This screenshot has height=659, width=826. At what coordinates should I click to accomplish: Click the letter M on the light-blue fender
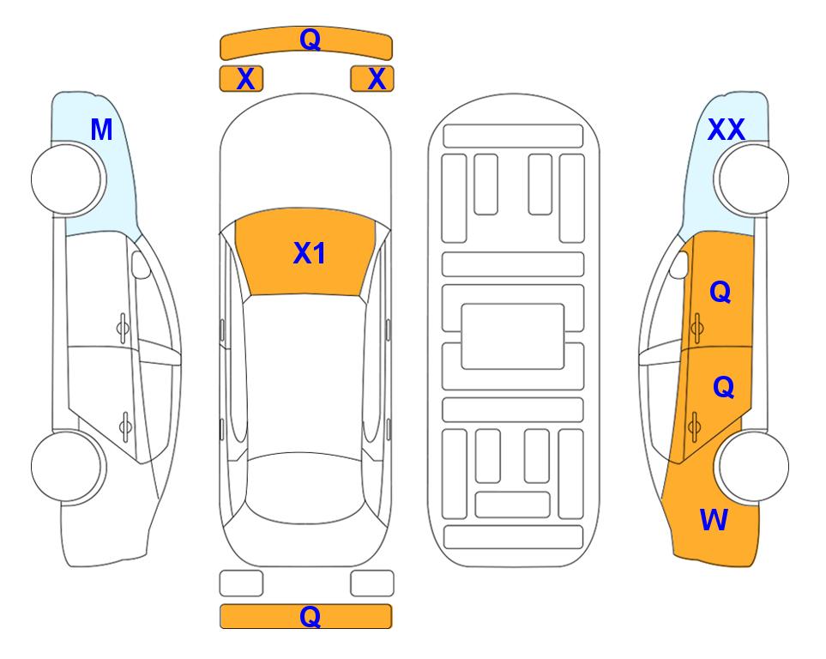[102, 130]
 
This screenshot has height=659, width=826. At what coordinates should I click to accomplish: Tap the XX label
[726, 130]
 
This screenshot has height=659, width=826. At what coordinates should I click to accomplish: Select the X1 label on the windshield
[310, 253]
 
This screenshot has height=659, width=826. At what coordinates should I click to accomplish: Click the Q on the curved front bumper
[310, 39]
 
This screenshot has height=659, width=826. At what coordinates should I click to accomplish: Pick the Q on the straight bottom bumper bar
[310, 616]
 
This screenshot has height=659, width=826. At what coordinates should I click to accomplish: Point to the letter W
[714, 520]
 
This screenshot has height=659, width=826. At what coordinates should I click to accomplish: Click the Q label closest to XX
[720, 292]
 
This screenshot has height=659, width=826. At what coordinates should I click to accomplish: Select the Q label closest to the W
[723, 387]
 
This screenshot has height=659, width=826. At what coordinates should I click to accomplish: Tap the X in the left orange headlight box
[245, 79]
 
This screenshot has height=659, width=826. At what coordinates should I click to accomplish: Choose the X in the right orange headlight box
[377, 79]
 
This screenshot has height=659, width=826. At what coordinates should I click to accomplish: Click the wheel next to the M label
[67, 179]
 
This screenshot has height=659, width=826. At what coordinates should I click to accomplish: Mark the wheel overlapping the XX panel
[753, 179]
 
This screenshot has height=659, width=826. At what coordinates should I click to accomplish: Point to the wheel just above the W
[753, 466]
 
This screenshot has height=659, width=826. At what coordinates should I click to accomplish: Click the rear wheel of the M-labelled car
[67, 466]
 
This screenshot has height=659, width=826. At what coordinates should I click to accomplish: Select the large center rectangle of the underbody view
[513, 336]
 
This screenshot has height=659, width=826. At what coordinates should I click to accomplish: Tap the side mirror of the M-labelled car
[140, 264]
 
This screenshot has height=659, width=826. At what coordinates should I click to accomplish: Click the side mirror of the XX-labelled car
[679, 264]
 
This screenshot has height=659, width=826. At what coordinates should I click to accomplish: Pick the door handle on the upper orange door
[697, 328]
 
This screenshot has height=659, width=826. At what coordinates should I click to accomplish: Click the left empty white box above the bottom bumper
[241, 583]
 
